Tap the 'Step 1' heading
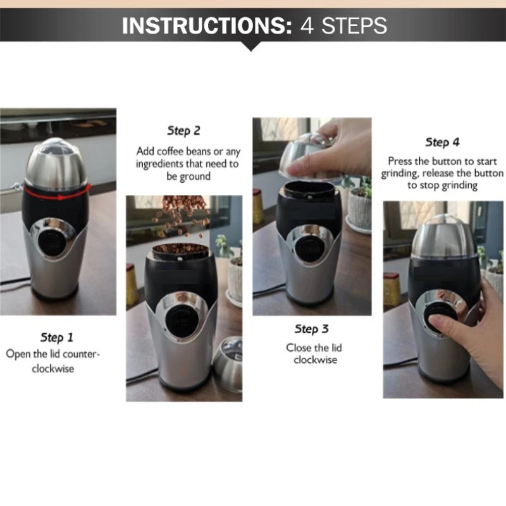click(56, 336)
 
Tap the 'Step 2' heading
click(183, 131)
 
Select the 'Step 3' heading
click(311, 329)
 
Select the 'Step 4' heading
click(443, 142)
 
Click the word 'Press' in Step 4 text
click(400, 161)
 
